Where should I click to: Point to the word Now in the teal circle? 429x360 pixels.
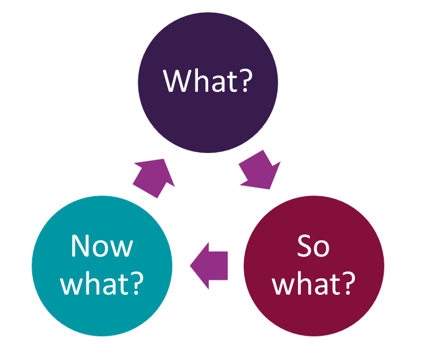coord(102,246)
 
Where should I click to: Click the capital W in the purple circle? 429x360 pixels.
coord(178,80)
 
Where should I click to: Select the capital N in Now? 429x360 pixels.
coord(80,246)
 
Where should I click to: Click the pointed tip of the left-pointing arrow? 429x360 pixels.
coord(191,265)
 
